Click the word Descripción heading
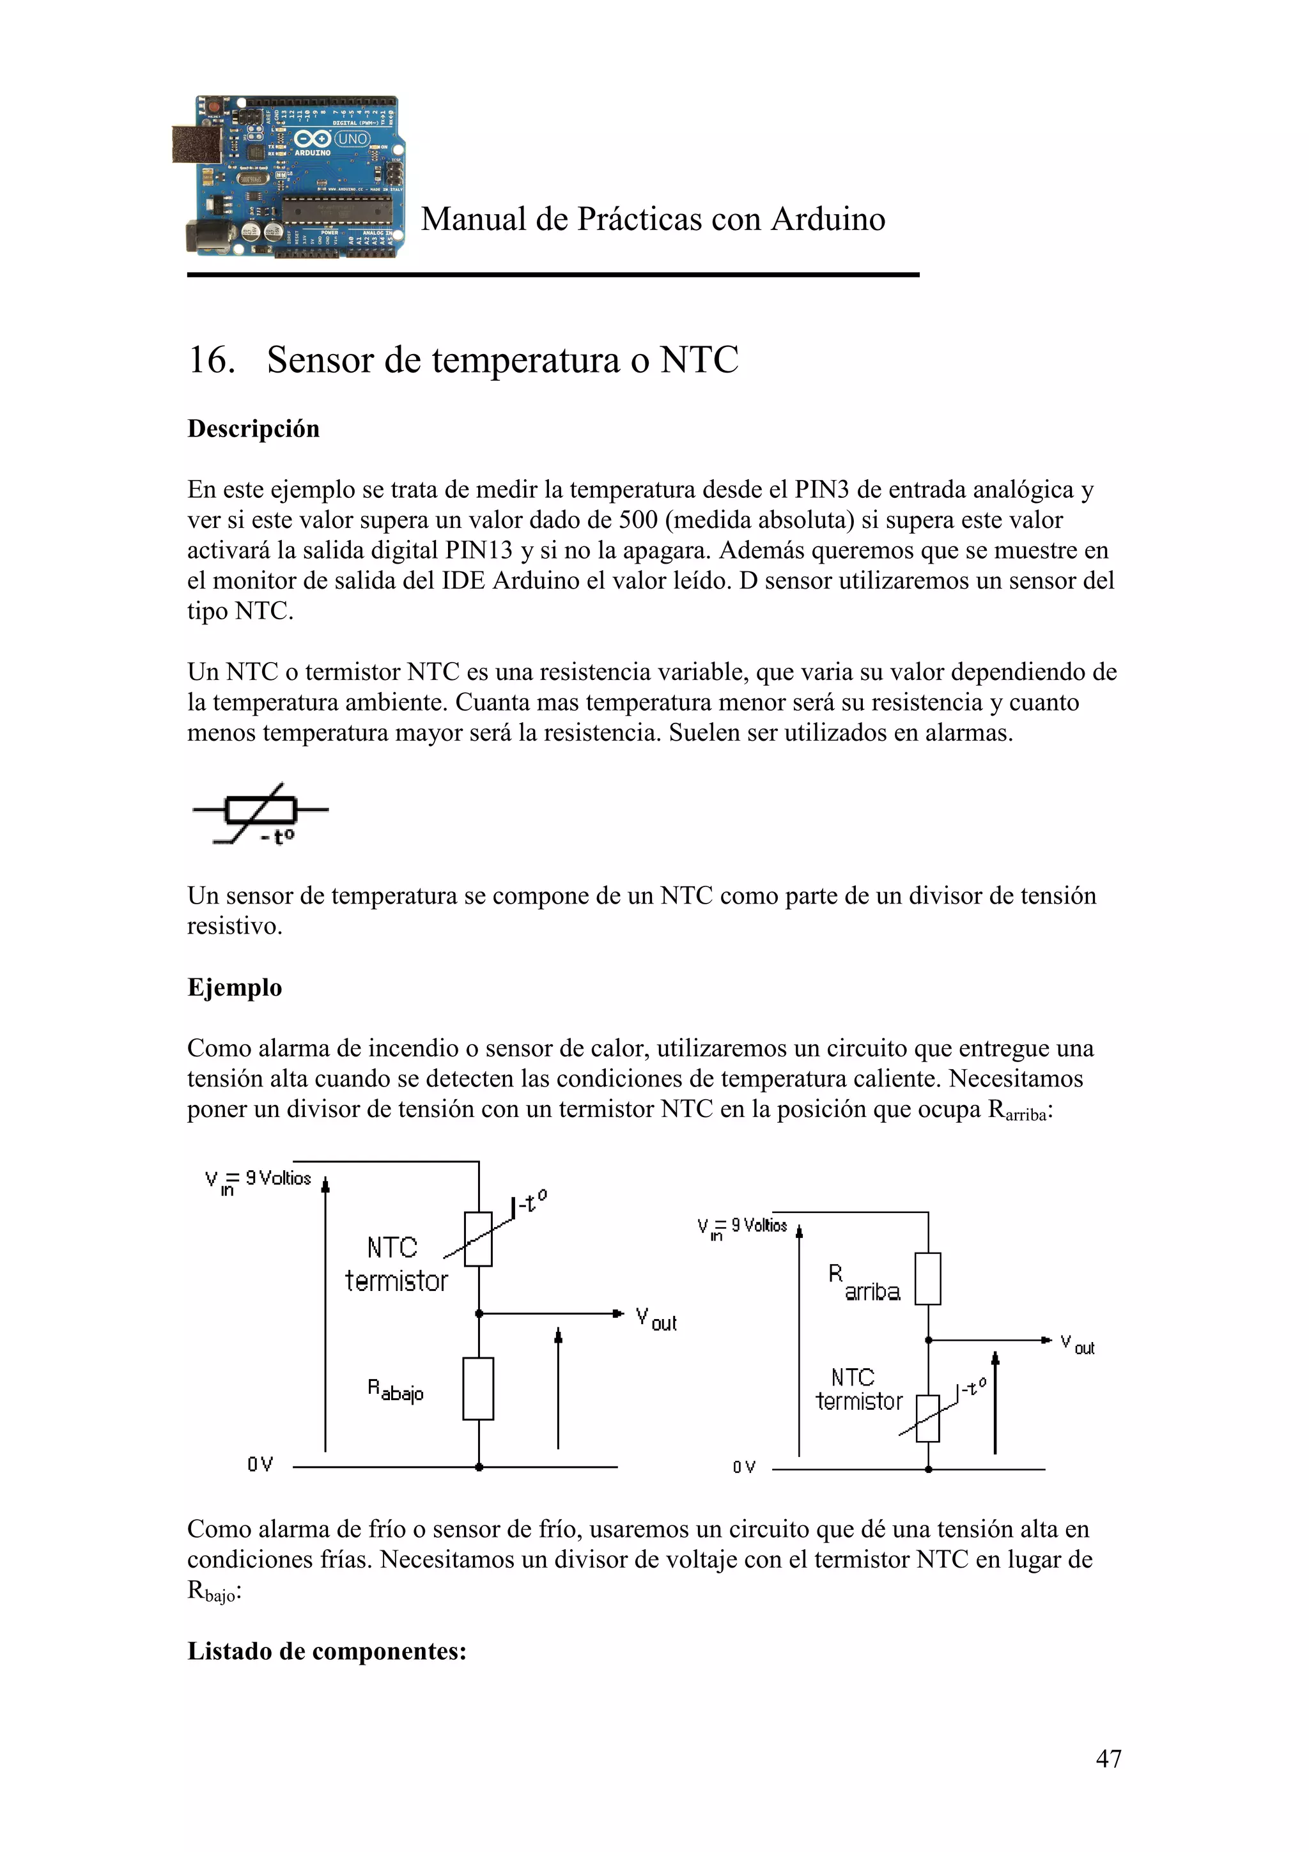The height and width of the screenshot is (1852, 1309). point(253,428)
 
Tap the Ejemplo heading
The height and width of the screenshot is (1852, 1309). point(235,987)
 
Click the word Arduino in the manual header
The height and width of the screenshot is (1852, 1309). point(828,219)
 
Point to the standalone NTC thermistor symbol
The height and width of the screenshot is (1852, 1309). point(259,813)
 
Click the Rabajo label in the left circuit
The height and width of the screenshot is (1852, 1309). point(395,1391)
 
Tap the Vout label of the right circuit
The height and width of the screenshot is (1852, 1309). point(1078,1344)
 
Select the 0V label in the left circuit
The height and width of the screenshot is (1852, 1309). point(259,1464)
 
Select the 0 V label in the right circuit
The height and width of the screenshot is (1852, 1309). point(743,1467)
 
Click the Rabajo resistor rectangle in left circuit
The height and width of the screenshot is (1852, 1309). point(478,1389)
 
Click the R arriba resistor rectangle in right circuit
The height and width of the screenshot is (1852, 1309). point(927,1279)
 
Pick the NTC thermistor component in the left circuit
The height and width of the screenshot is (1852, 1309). point(478,1239)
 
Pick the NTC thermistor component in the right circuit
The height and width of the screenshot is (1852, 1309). point(927,1418)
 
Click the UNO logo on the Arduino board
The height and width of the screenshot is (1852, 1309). point(352,139)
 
